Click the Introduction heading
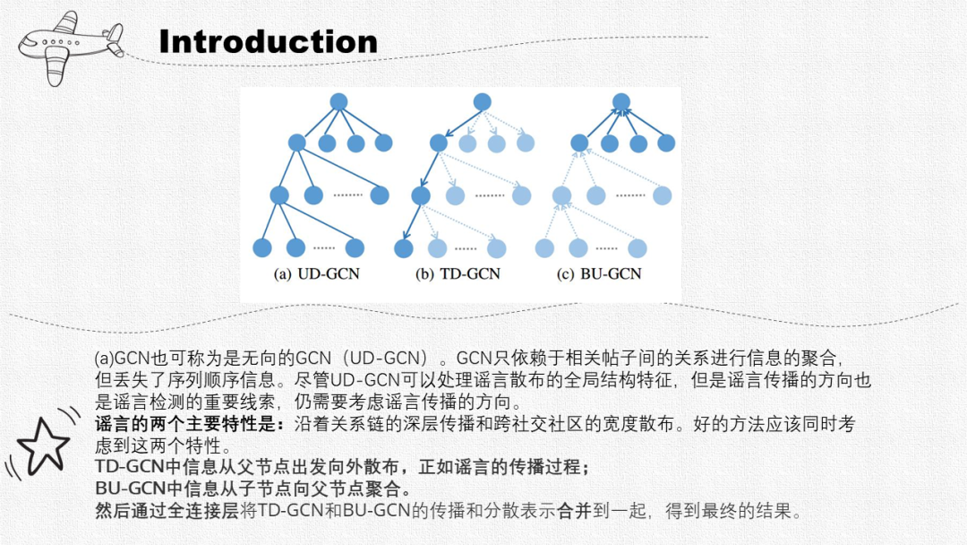click(268, 42)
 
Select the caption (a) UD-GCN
click(316, 273)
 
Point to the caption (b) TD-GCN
click(458, 273)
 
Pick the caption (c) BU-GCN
click(599, 273)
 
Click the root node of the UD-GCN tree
click(338, 102)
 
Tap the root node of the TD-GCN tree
click(482, 102)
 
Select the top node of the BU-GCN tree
click(621, 102)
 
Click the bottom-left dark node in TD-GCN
click(403, 248)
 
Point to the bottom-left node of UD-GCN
click(262, 248)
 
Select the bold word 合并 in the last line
click(574, 512)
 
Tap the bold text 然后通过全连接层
click(151, 512)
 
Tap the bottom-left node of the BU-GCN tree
click(543, 248)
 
